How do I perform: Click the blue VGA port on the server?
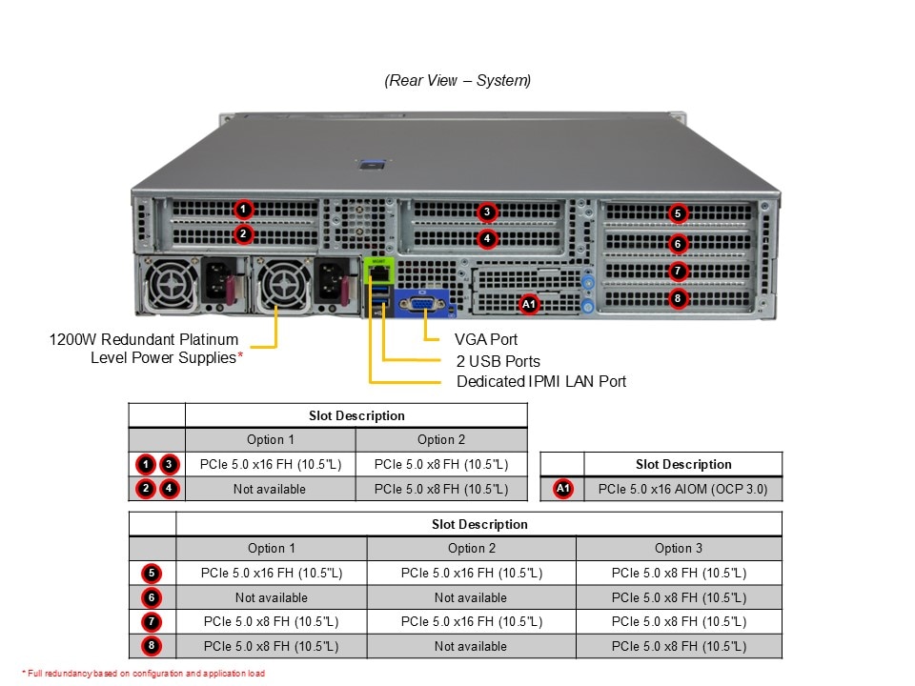coord(417,306)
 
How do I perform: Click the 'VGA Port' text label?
coord(486,339)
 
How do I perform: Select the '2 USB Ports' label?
coord(498,361)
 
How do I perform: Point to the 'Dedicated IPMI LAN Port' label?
coord(541,381)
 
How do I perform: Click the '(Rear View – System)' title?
coord(457,81)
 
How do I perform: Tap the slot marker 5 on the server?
coord(677,213)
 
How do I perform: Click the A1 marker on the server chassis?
coord(529,304)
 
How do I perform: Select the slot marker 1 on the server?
coord(243,209)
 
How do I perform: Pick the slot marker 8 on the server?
coord(677,298)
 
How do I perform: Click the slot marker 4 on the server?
coord(487,238)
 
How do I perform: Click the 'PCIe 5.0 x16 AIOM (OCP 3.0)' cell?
coord(682,489)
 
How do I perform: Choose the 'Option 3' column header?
coord(679,548)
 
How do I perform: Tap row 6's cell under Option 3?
coord(679,597)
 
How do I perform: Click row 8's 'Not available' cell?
coord(471,646)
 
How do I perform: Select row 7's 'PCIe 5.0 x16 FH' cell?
coord(471,621)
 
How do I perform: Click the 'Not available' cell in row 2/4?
coord(270,489)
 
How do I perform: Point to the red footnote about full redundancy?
coord(143,673)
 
